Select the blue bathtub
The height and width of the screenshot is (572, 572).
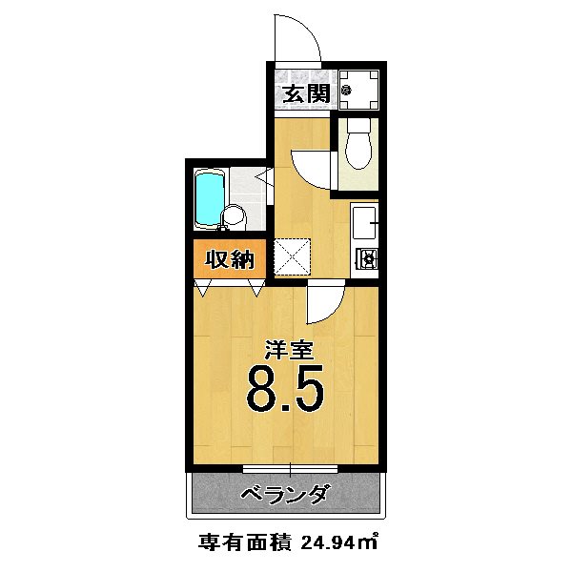pos(209,198)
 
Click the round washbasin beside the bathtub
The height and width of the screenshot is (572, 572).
pos(235,218)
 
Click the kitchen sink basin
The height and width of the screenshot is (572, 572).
pos(363,225)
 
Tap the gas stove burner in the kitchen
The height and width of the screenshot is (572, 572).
pos(365,257)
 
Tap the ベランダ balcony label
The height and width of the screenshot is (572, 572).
pos(285,495)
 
